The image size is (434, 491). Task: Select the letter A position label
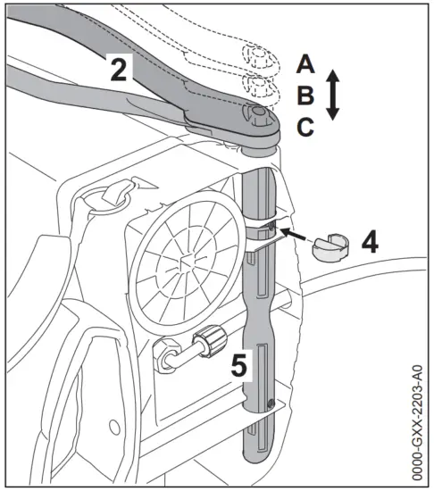tap(306, 63)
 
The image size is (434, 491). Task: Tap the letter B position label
tap(306, 96)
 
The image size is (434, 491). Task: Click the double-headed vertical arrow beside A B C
tap(332, 96)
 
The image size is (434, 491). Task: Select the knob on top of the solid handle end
tap(259, 113)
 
